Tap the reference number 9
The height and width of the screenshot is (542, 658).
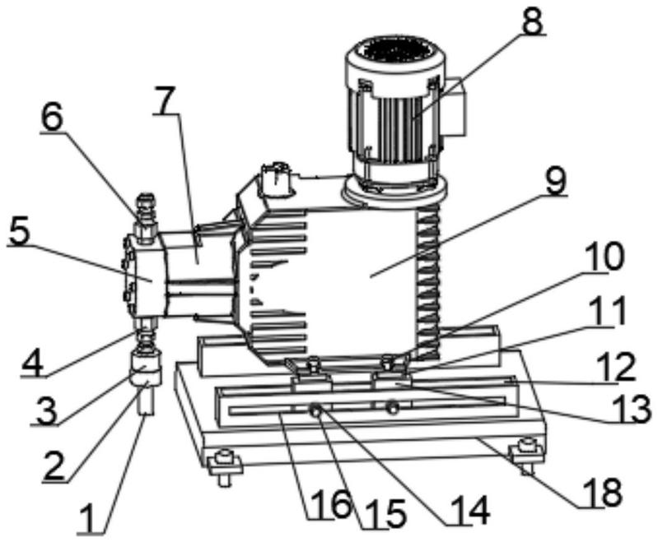click(556, 180)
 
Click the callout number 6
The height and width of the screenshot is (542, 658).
click(52, 118)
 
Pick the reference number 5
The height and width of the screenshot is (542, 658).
click(20, 229)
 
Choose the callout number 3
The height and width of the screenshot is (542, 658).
click(45, 410)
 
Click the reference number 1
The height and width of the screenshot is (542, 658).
click(91, 517)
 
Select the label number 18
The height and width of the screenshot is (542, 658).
click(602, 491)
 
